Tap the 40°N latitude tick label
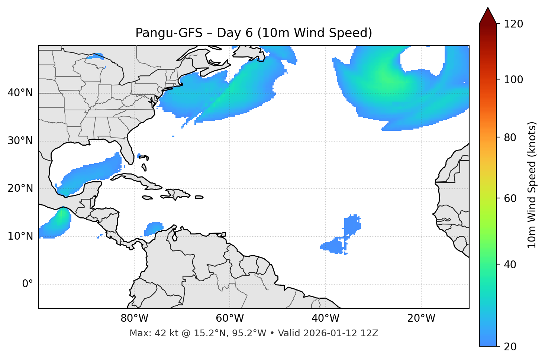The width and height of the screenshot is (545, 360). click(x=20, y=93)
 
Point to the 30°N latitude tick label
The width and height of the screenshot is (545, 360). click(x=20, y=141)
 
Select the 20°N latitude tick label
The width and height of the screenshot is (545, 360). click(x=20, y=188)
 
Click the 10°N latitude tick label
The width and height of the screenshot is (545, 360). click(x=20, y=236)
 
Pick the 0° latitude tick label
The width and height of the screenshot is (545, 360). click(x=28, y=284)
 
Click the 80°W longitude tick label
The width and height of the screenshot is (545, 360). click(x=134, y=318)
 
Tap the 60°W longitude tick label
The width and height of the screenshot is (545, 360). click(x=230, y=318)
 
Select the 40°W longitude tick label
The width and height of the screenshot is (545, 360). click(x=325, y=318)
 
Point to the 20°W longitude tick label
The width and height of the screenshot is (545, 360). click(x=421, y=318)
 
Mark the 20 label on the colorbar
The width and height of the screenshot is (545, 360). click(x=510, y=347)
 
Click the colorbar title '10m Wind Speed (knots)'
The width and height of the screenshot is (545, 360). click(x=532, y=185)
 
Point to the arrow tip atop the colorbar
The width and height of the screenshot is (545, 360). click(x=488, y=8)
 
